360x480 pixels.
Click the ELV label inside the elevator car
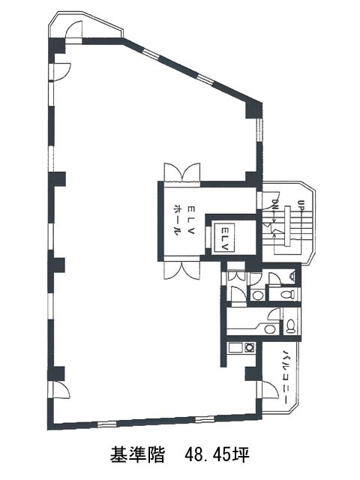224,238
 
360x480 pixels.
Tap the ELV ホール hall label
184,220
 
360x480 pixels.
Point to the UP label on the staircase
301,205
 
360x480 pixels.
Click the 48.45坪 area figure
217,454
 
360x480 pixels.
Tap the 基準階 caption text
137,454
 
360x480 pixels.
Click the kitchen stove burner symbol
250,348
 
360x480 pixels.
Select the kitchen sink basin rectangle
235,348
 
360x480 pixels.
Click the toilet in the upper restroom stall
287,295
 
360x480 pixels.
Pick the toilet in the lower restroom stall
290,326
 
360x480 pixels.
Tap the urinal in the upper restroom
292,275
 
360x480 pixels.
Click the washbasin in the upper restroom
257,295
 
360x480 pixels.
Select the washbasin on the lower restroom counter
269,329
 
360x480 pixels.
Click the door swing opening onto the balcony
269,389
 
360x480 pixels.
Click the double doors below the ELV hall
181,270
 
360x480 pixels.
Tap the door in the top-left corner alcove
74,30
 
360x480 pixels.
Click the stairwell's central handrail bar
286,226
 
